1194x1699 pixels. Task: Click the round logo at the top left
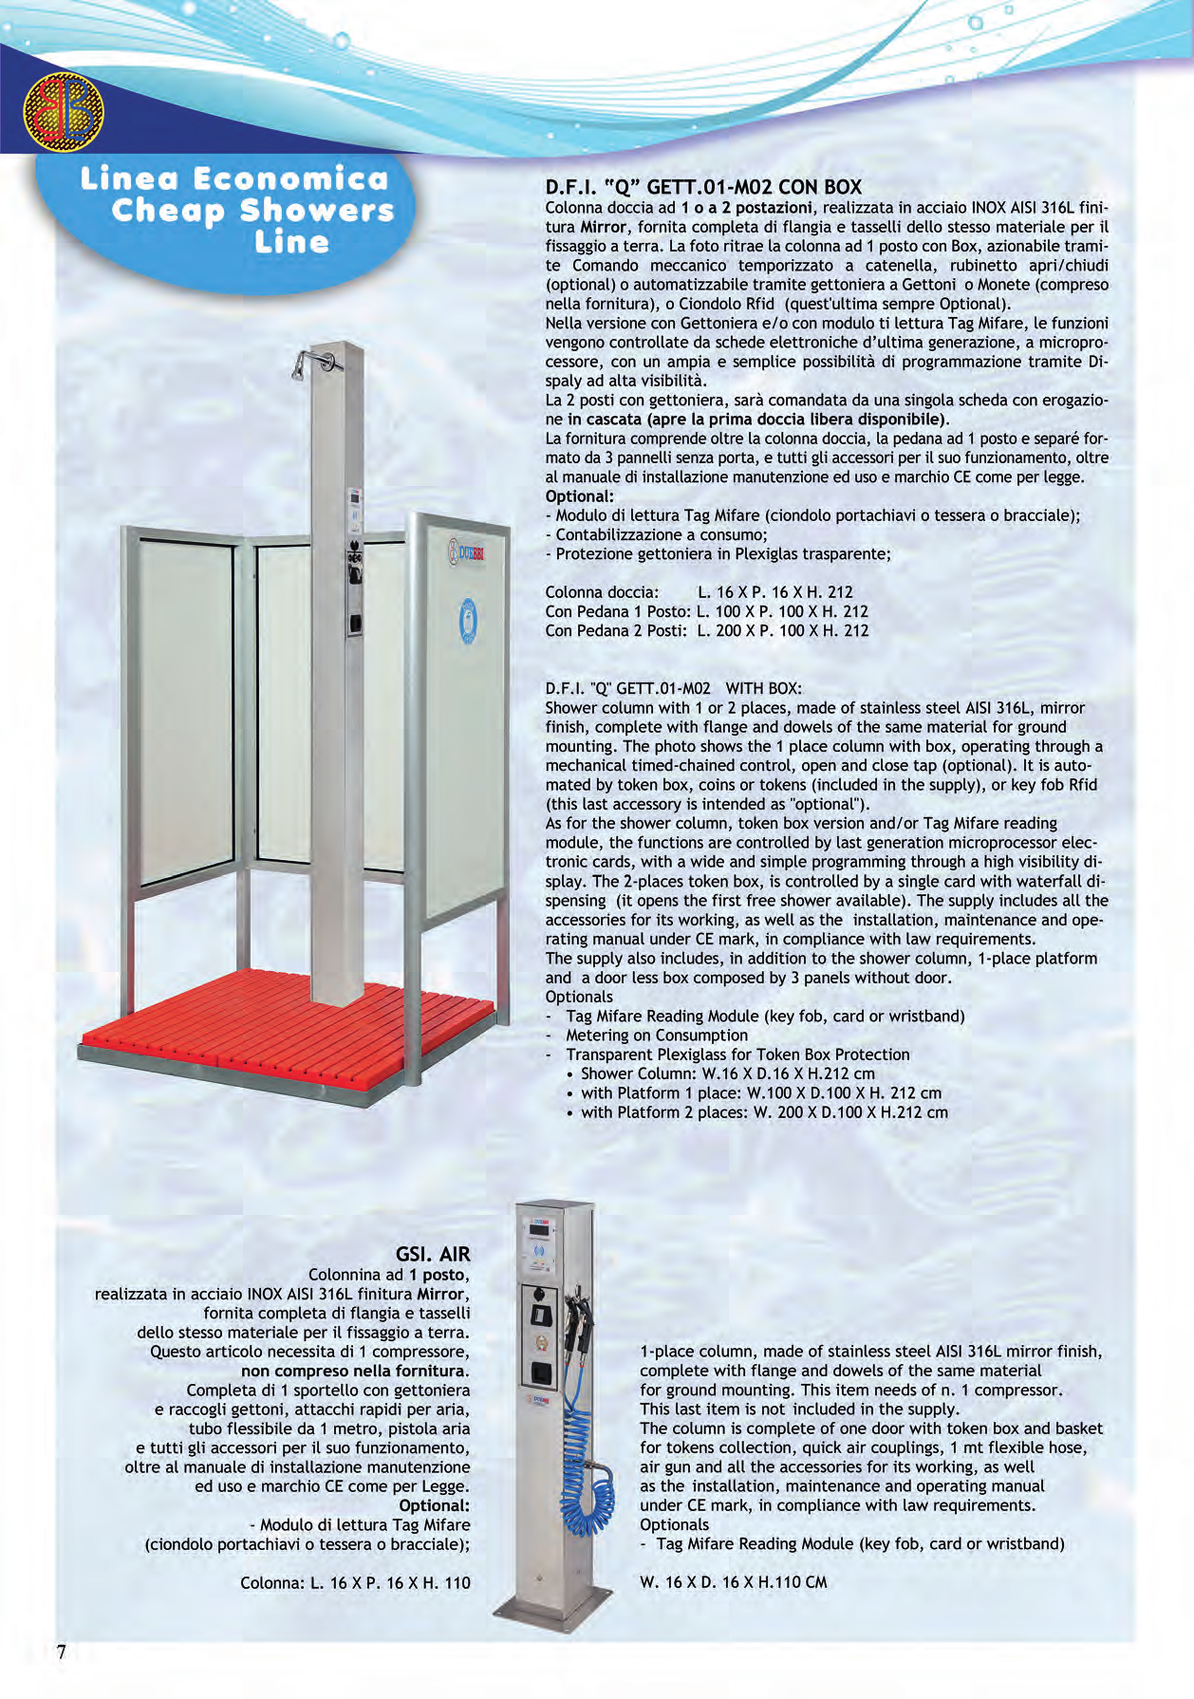(x=64, y=111)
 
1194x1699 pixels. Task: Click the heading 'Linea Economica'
(x=234, y=178)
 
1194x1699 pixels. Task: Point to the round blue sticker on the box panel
(x=468, y=621)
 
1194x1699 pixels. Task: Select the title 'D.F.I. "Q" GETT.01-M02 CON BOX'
(x=703, y=187)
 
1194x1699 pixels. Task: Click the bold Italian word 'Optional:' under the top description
(x=580, y=496)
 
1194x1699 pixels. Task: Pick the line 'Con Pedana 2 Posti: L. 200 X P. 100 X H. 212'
(x=706, y=630)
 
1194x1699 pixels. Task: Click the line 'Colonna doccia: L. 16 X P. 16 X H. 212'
(x=699, y=592)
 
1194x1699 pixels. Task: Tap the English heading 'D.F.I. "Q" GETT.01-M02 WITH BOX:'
(x=673, y=688)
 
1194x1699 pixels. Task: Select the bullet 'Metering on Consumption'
(x=657, y=1036)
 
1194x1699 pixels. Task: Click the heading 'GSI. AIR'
(x=433, y=1254)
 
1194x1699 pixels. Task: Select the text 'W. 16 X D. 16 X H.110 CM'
(x=734, y=1582)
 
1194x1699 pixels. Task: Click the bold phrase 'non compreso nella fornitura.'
(x=355, y=1371)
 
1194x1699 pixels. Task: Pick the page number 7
(x=62, y=1652)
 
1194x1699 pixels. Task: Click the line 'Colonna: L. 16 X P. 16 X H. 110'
(x=355, y=1582)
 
